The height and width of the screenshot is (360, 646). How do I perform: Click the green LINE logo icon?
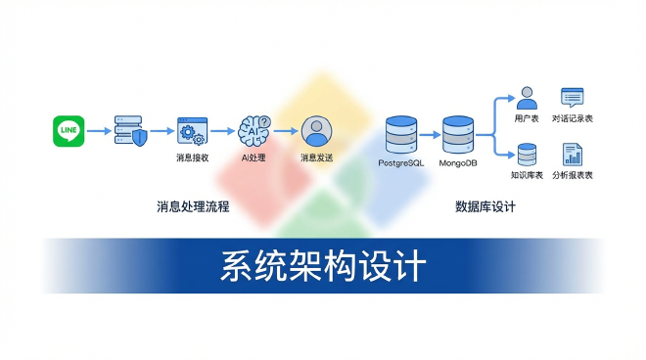(69, 130)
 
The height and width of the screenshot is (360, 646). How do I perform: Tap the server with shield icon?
(130, 129)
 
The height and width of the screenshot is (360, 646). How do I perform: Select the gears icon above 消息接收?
(191, 130)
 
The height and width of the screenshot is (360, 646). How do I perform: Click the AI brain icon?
(254, 129)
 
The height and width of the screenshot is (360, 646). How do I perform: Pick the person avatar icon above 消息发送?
(315, 130)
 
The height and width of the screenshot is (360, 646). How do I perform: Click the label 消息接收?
(192, 157)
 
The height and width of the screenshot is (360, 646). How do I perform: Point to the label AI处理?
(254, 157)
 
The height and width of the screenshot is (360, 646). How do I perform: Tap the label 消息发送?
(315, 157)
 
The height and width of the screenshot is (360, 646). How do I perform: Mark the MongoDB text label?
(458, 160)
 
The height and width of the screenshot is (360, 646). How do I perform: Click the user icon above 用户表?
(528, 98)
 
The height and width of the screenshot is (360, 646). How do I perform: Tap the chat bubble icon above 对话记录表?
(573, 98)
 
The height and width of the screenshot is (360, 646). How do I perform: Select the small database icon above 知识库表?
(528, 154)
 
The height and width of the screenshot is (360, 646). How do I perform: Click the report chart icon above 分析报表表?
(573, 154)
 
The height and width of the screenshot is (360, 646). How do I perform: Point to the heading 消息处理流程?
(193, 207)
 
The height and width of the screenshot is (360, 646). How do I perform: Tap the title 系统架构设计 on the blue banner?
(322, 265)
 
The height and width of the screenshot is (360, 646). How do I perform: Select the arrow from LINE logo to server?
(99, 130)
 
